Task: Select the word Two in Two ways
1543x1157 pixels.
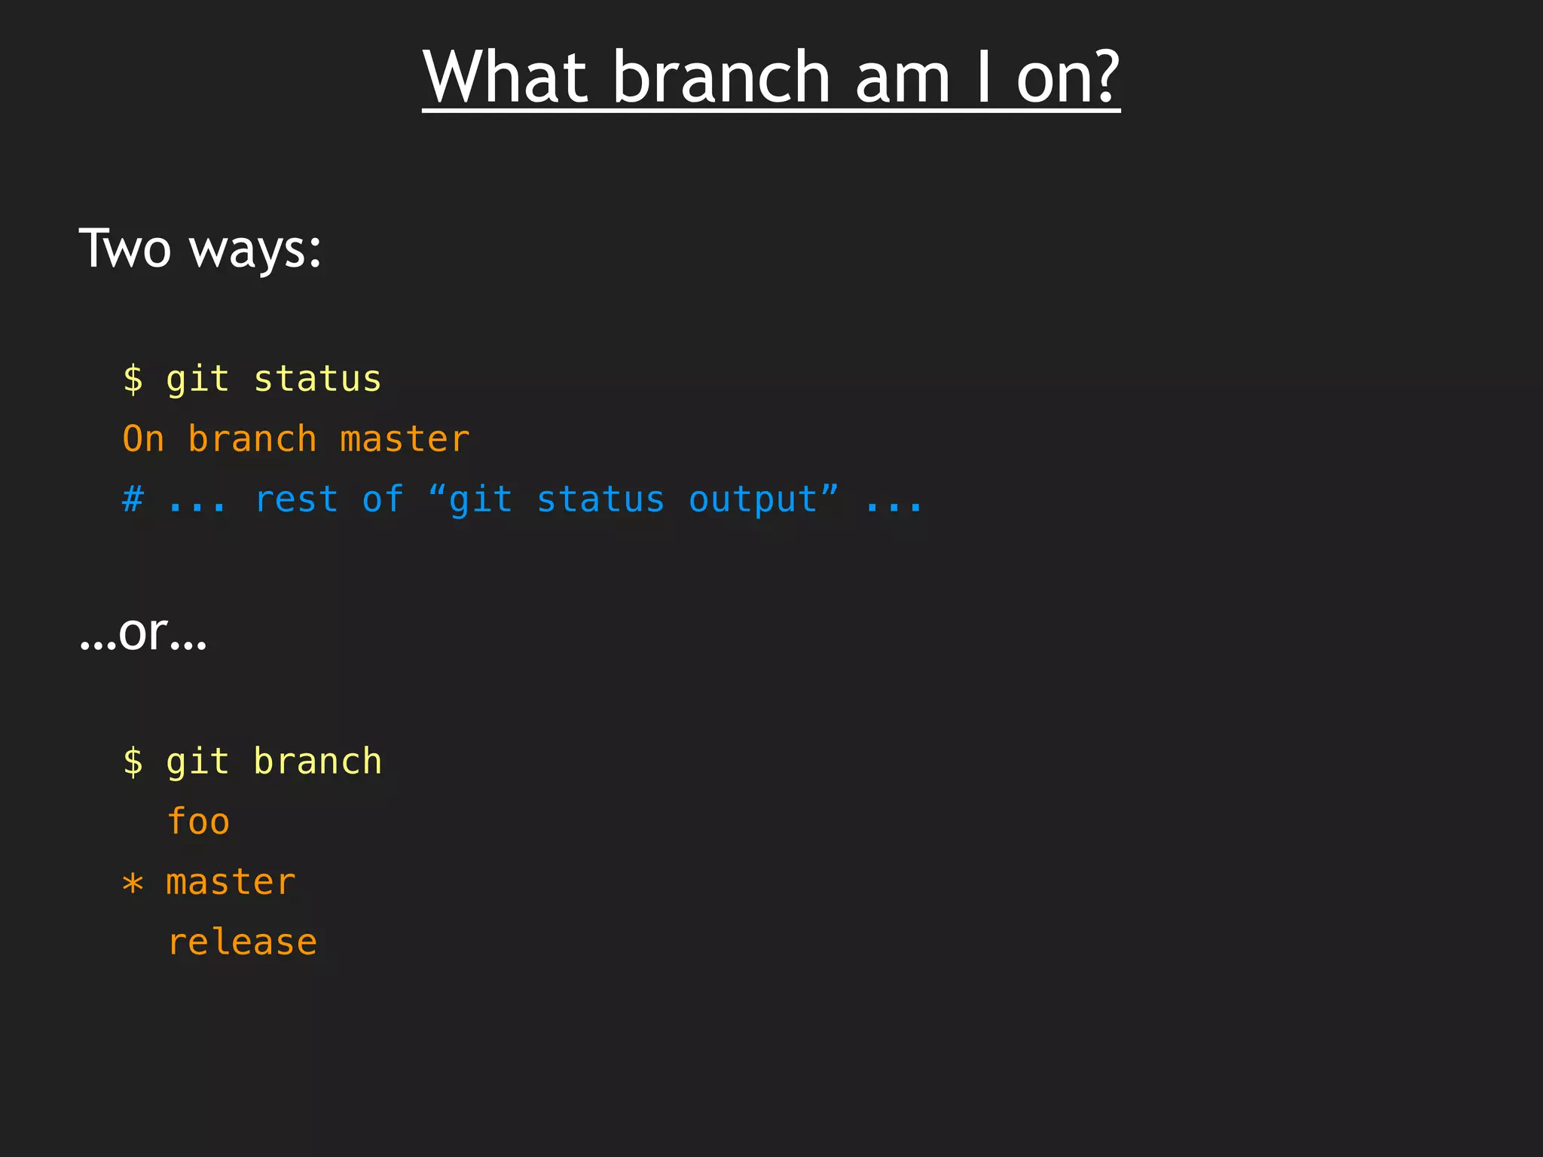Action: click(x=125, y=249)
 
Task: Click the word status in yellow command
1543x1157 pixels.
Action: click(x=317, y=379)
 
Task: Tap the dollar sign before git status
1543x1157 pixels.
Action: click(x=133, y=379)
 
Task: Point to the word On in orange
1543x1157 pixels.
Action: click(x=143, y=439)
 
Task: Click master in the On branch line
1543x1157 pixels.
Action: click(x=405, y=439)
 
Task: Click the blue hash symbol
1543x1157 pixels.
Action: click(x=133, y=499)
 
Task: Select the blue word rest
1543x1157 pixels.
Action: click(x=296, y=499)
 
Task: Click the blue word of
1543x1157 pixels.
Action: click(x=383, y=499)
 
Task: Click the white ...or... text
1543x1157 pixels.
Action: click(x=142, y=633)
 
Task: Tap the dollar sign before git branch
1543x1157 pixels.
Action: click(x=133, y=762)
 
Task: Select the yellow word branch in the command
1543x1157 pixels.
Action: click(x=317, y=762)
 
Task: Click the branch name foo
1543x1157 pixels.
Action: click(x=198, y=822)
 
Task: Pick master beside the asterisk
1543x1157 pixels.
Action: click(x=231, y=882)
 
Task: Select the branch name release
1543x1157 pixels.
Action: click(x=242, y=942)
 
